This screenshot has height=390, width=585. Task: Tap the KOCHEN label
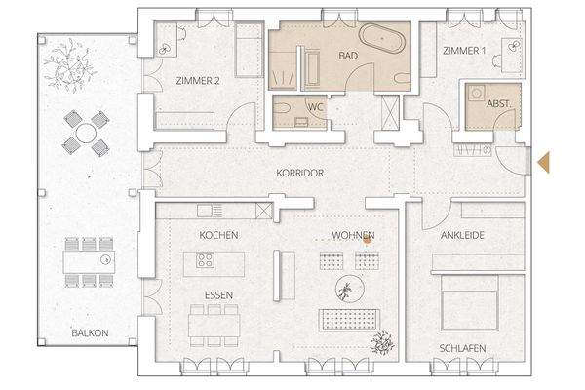(x=218, y=235)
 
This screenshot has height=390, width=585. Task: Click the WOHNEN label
(x=352, y=235)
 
